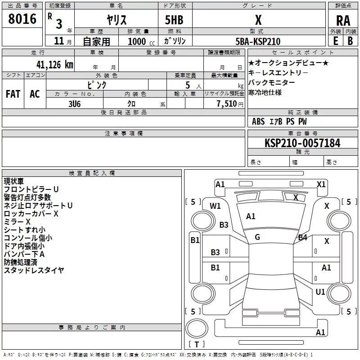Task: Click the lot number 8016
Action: tap(22, 19)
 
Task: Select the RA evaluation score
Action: tap(343, 20)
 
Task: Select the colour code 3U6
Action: tap(74, 103)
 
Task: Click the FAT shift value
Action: tap(13, 94)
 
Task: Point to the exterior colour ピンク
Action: tap(97, 84)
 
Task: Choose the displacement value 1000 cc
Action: tap(139, 41)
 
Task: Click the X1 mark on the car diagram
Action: tap(321, 184)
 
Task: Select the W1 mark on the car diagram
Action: tap(215, 206)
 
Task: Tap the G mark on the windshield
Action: tap(257, 237)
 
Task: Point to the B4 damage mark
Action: tap(302, 237)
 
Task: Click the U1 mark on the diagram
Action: tap(320, 292)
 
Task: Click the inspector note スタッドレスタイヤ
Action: tap(34, 270)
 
